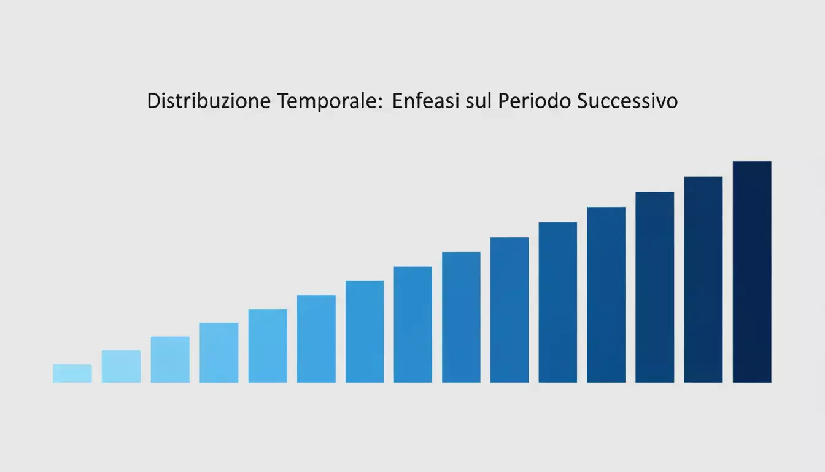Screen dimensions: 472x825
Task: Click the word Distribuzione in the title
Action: [x=208, y=101]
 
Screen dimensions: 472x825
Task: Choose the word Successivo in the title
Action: [x=627, y=101]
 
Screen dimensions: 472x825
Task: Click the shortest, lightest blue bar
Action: [x=72, y=374]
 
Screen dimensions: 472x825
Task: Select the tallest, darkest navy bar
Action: [x=752, y=272]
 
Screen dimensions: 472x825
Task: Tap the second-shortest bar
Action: [x=121, y=366]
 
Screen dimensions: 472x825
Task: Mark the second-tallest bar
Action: [x=703, y=280]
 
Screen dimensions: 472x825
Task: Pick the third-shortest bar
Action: [x=170, y=360]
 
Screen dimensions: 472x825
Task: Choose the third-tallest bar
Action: [x=654, y=287]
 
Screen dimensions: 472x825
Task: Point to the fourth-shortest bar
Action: [x=219, y=353]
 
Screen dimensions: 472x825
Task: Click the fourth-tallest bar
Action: [x=606, y=295]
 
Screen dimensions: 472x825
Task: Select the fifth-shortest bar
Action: [x=268, y=346]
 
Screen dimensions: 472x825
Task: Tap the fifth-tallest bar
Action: [x=558, y=302]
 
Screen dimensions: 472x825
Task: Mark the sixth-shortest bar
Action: [x=316, y=339]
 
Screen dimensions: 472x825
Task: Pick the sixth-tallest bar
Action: [x=509, y=310]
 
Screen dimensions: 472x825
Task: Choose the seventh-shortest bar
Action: [x=365, y=332]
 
